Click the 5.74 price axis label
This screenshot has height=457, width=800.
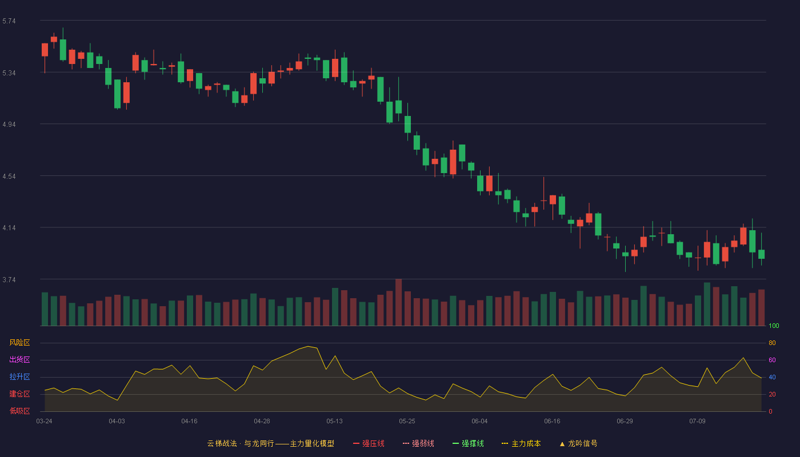click(x=9, y=21)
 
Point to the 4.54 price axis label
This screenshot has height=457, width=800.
click(x=9, y=177)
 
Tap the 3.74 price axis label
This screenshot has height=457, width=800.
click(x=9, y=279)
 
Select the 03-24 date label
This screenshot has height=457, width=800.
click(x=45, y=422)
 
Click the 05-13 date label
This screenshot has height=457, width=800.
click(x=334, y=422)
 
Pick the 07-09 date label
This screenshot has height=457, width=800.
click(x=697, y=422)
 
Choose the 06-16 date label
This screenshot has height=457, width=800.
click(x=552, y=422)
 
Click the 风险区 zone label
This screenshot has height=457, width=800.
click(x=19, y=343)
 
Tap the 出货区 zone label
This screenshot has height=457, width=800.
click(x=19, y=359)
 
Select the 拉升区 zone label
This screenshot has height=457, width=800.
click(x=19, y=376)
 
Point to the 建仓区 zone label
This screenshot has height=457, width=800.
click(x=19, y=394)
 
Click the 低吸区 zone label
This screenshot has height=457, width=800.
click(x=19, y=411)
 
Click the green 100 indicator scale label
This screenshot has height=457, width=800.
click(x=774, y=326)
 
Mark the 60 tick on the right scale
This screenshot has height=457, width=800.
click(x=772, y=360)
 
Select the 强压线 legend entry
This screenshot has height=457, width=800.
click(x=369, y=443)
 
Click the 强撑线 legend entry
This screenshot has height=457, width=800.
click(x=468, y=443)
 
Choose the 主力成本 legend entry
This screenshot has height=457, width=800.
click(x=521, y=443)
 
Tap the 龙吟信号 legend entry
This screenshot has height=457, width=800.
click(x=578, y=443)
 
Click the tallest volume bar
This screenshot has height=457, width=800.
click(x=399, y=302)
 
